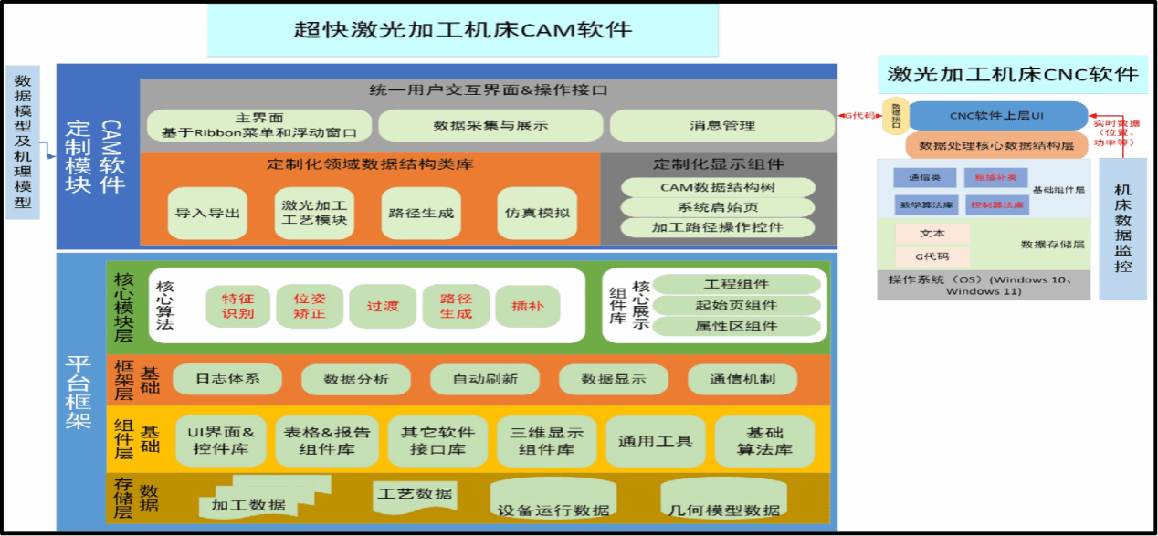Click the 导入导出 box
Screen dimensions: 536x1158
(x=208, y=213)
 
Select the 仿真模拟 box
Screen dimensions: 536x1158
(x=537, y=213)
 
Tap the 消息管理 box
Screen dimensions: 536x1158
(x=721, y=125)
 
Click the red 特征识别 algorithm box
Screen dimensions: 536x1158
(x=237, y=306)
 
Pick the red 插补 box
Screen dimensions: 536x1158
(x=527, y=306)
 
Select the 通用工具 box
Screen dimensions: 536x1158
(x=655, y=441)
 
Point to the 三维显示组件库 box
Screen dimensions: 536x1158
(x=546, y=441)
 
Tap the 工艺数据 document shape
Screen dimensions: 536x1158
(x=415, y=495)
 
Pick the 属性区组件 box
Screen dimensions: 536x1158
(x=736, y=326)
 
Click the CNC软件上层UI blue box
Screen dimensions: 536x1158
(x=996, y=116)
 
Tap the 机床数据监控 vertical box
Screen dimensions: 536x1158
(x=1122, y=228)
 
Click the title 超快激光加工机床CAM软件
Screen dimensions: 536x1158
(x=462, y=29)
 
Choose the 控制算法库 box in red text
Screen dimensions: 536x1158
(x=996, y=205)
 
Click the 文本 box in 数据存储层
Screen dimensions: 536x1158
(x=932, y=234)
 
